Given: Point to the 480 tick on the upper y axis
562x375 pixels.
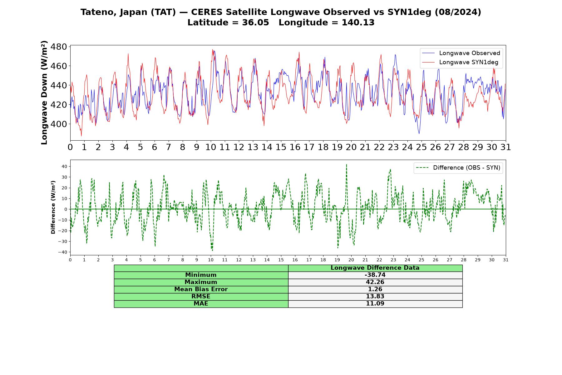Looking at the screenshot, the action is [59, 47].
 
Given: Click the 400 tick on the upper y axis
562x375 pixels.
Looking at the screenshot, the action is [59, 124].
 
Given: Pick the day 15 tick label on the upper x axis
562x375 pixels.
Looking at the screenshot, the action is [281, 147].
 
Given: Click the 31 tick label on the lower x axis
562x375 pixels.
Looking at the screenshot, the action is [506, 260].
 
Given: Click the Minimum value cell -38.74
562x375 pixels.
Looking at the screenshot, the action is [375, 275].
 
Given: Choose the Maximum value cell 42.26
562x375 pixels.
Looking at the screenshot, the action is [375, 282].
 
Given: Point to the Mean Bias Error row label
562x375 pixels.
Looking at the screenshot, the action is [201, 289].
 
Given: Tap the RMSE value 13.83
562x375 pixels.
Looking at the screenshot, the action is [375, 297].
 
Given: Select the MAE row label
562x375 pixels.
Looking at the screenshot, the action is [201, 304].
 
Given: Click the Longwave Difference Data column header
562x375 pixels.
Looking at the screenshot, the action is [375, 268].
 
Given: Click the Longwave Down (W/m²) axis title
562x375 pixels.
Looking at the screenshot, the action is [44, 92].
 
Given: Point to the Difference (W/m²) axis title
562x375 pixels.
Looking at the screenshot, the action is [53, 207].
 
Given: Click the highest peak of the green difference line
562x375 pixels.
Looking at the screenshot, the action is [346, 164].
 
